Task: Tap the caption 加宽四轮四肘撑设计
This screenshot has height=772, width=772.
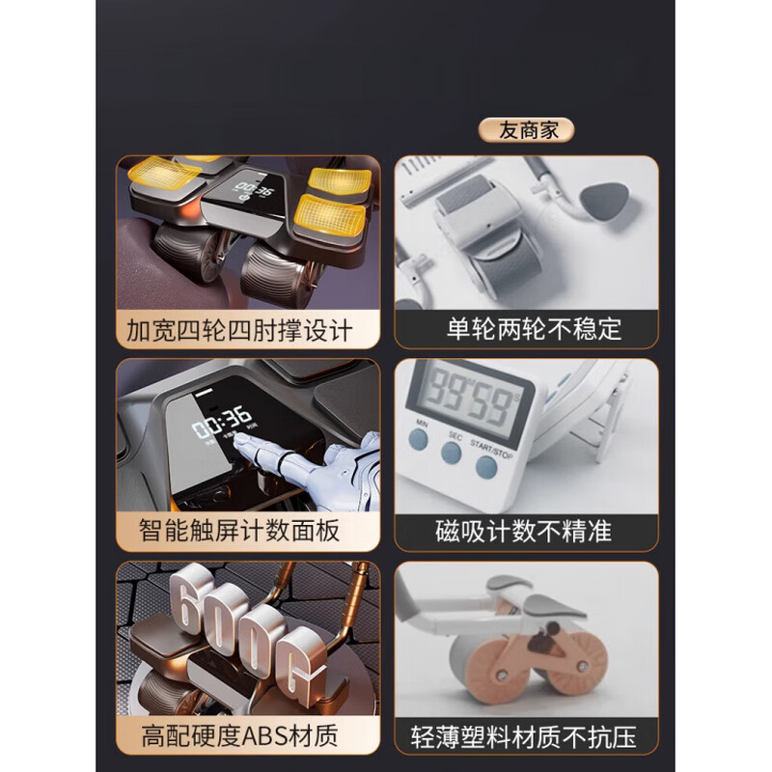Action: [x=240, y=331]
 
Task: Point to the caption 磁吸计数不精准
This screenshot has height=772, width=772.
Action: [x=523, y=530]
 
